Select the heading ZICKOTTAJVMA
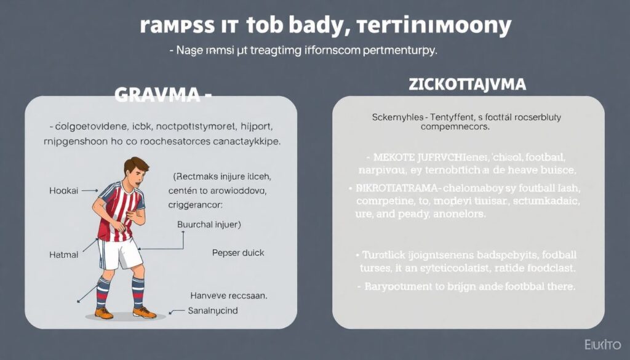pos(467,85)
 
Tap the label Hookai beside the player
pos(64,191)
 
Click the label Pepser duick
pos(238,252)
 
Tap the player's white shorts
pos(121,253)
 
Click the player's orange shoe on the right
pos(145,313)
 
